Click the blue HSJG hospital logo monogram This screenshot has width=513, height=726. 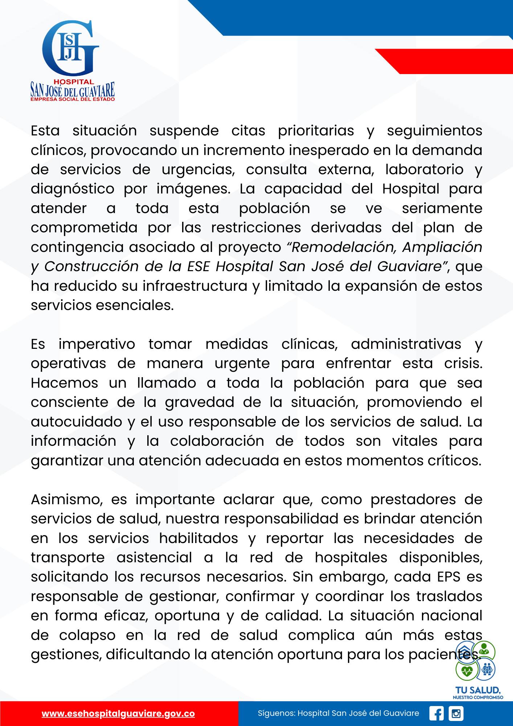(71, 46)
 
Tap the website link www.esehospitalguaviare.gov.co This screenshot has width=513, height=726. (118, 713)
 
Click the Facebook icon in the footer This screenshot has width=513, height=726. (436, 713)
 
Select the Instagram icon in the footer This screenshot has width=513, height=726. (456, 713)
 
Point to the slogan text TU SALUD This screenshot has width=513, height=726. (478, 690)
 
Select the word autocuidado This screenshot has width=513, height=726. (77, 422)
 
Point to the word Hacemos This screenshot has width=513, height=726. (65, 383)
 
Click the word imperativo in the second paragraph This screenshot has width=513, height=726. (97, 344)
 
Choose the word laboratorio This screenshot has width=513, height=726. (424, 170)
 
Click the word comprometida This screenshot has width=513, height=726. (84, 228)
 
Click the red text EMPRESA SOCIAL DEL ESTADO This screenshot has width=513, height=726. (73, 99)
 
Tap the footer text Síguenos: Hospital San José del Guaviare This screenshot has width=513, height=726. (338, 713)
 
